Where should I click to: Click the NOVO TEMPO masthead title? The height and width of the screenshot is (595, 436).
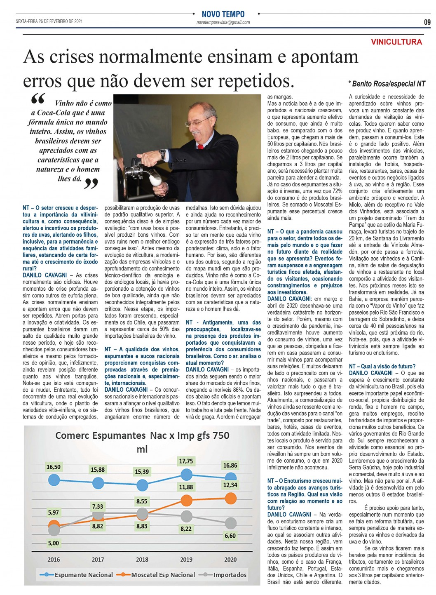pos(223,14)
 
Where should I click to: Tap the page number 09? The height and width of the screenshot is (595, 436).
pos(427,22)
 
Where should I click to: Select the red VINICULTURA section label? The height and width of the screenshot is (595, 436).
pos(396,42)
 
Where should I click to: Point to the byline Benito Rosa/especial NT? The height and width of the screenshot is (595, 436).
pos(386,84)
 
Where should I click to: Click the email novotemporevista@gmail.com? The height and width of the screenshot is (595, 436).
pos(223,23)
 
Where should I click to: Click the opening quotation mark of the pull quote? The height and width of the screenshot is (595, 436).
pos(38,99)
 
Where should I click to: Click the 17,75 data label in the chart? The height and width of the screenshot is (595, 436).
pos(186,461)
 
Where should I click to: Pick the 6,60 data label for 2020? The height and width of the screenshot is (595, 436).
pos(230,536)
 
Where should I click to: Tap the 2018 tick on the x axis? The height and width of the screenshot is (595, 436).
pos(142,560)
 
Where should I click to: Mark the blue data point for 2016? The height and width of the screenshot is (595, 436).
pos(54,480)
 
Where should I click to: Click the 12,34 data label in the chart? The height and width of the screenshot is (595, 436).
pos(230,485)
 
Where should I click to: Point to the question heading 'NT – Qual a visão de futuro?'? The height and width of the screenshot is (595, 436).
pos(382,366)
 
